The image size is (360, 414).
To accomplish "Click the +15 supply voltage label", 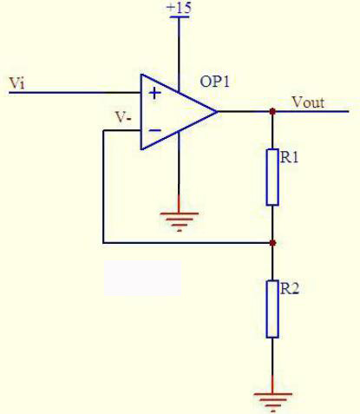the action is tap(179, 7).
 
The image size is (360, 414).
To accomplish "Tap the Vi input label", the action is tap(16, 83).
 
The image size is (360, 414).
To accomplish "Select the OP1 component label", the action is tap(214, 82).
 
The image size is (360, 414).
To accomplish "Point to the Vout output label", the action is tap(308, 102).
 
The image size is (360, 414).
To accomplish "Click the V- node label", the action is tap(123, 117).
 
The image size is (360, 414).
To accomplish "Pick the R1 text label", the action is tap(289, 158).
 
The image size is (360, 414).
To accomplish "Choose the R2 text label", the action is tap(289, 289).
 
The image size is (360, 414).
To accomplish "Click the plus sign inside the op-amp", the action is tap(154, 93).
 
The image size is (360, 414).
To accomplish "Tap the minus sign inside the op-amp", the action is tap(155, 130).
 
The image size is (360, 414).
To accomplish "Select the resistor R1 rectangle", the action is tap(272, 177).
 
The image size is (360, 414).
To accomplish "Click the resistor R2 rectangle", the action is tap(272, 309).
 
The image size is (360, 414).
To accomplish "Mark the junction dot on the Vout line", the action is tap(272, 111).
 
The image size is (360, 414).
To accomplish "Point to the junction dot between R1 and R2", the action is tap(272, 243).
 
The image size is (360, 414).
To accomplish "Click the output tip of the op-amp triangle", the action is tap(218, 111).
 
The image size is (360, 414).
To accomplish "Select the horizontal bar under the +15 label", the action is tap(180, 16).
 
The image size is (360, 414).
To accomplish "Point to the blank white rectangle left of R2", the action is tap(142, 278).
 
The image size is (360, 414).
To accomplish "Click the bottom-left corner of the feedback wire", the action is tap(103, 242).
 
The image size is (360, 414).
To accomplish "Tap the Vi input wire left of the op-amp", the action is tap(75, 93).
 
